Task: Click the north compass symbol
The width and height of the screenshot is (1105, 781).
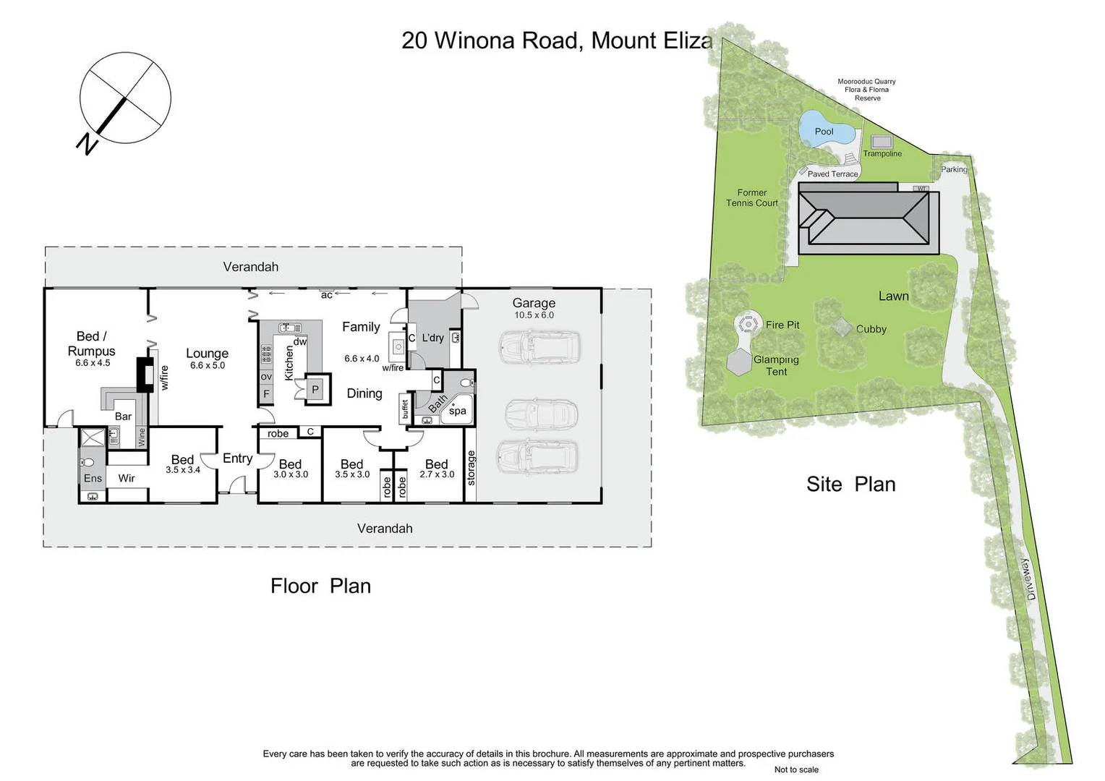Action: [x=124, y=98]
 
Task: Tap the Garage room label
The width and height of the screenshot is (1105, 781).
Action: [x=534, y=303]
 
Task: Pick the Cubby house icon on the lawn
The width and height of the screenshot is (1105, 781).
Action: [x=841, y=327]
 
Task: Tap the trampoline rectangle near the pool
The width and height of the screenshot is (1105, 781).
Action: [x=881, y=141]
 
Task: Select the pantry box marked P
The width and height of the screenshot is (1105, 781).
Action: [x=315, y=389]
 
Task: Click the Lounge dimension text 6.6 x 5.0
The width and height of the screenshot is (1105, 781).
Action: [x=208, y=366]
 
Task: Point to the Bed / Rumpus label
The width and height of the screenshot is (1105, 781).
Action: [x=91, y=343]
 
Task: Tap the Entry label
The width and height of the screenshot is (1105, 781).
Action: [x=237, y=458]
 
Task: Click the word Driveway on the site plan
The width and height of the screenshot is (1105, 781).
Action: [x=1029, y=579]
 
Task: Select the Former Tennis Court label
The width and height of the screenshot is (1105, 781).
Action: [x=751, y=198]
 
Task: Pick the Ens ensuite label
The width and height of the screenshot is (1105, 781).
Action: [x=93, y=478]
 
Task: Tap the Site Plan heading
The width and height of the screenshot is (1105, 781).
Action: [x=850, y=485]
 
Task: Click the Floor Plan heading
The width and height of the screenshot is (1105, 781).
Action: [x=320, y=586]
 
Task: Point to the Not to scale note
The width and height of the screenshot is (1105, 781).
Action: [x=796, y=769]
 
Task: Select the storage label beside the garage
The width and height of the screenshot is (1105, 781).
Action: [x=471, y=467]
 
